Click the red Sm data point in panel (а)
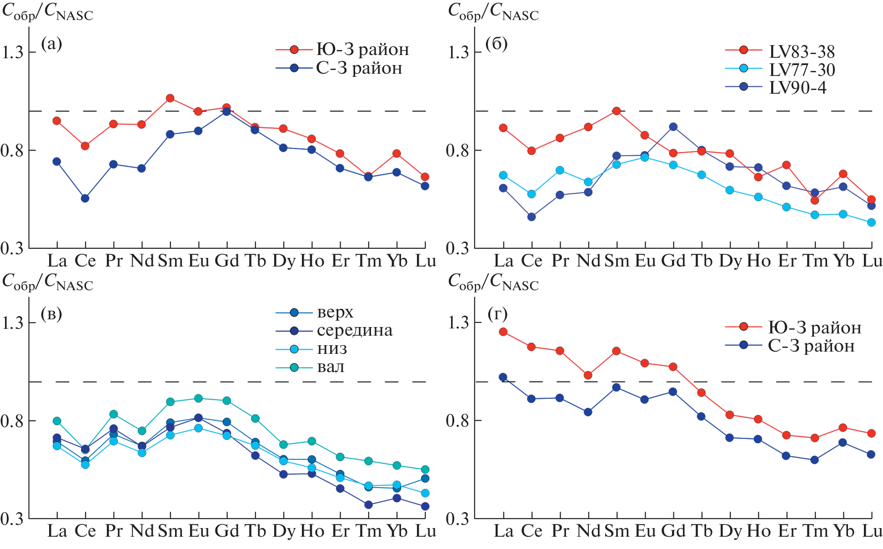(x=170, y=98)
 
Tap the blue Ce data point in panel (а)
(x=85, y=198)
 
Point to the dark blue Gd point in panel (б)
(x=673, y=127)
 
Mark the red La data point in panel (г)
(x=503, y=332)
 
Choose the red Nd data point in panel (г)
(x=588, y=375)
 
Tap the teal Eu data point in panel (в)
(x=198, y=398)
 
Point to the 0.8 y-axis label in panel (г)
(x=458, y=420)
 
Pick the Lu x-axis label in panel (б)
(x=872, y=261)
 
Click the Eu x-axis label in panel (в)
(x=199, y=531)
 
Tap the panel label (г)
(x=497, y=313)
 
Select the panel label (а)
(x=51, y=44)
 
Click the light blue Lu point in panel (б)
(x=871, y=222)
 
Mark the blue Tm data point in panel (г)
(x=814, y=460)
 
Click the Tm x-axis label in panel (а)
(x=368, y=261)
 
